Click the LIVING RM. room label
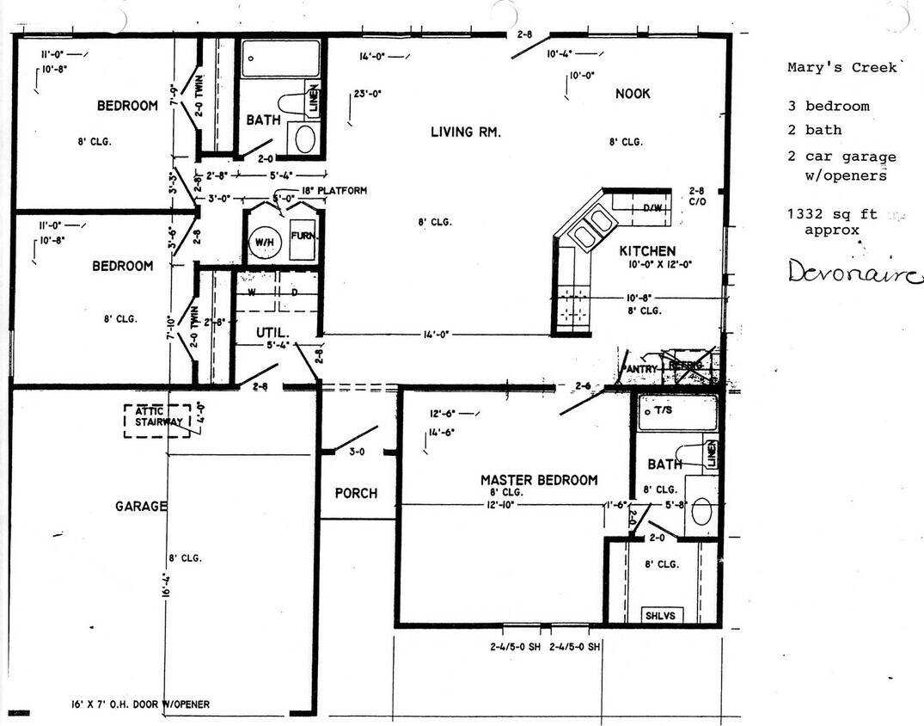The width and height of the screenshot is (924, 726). point(465,132)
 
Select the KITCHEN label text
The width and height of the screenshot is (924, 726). point(647,251)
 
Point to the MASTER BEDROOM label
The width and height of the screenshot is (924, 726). point(538,480)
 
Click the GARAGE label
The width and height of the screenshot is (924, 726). point(141,507)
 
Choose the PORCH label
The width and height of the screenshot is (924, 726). point(355,493)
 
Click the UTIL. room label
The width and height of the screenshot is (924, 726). point(272,331)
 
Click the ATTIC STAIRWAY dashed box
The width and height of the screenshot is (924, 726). point(157,421)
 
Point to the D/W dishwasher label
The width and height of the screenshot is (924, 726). point(652,208)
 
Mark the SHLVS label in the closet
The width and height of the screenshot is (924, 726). point(659,615)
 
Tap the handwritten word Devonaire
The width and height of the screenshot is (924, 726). point(854,273)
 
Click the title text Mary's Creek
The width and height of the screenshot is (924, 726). point(841,67)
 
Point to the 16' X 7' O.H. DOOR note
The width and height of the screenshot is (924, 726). point(140,704)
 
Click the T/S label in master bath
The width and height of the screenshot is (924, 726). point(663,411)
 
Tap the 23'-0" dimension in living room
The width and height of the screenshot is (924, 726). point(367,95)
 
